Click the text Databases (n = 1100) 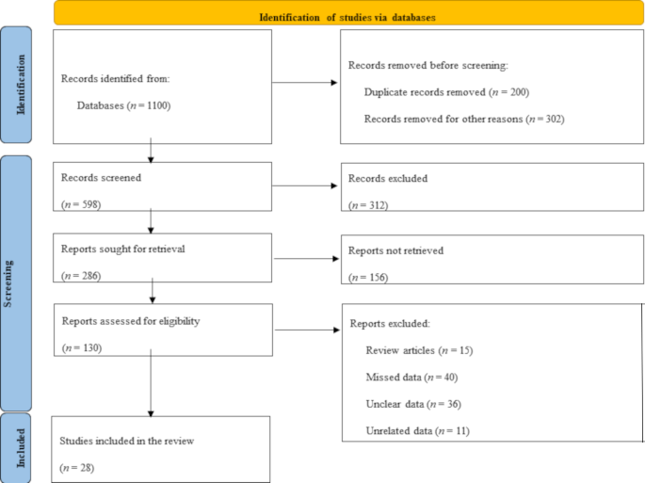coord(123,106)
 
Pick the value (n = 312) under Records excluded coord(368,204)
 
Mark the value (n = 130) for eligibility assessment coord(81,347)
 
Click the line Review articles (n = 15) coord(418,350)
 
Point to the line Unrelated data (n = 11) coord(417,430)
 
